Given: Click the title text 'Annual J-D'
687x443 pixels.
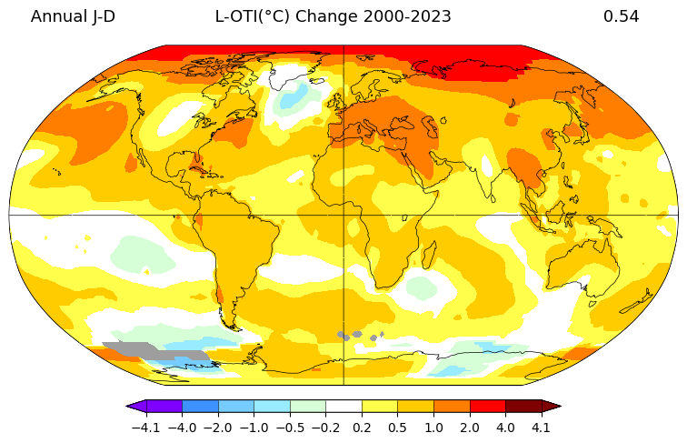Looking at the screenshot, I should click(73, 16).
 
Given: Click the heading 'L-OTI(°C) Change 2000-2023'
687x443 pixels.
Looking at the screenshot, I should click(333, 16).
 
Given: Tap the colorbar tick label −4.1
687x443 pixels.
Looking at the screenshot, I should click(145, 427).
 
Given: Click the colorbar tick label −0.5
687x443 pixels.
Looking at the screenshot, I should click(290, 427).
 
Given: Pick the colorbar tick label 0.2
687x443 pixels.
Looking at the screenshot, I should click(362, 427).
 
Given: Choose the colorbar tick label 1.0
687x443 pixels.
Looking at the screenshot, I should click(433, 427).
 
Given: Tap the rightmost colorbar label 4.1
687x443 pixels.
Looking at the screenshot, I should click(542, 427).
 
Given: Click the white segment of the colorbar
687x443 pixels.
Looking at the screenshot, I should click(343, 406).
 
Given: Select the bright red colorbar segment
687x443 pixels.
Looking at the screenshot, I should click(487, 406).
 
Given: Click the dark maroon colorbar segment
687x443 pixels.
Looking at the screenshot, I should click(523, 406).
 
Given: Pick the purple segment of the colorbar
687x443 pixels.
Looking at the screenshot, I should click(164, 406).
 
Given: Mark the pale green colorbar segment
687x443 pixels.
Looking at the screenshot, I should click(308, 406).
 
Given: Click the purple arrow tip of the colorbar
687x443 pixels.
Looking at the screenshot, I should click(133, 406).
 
